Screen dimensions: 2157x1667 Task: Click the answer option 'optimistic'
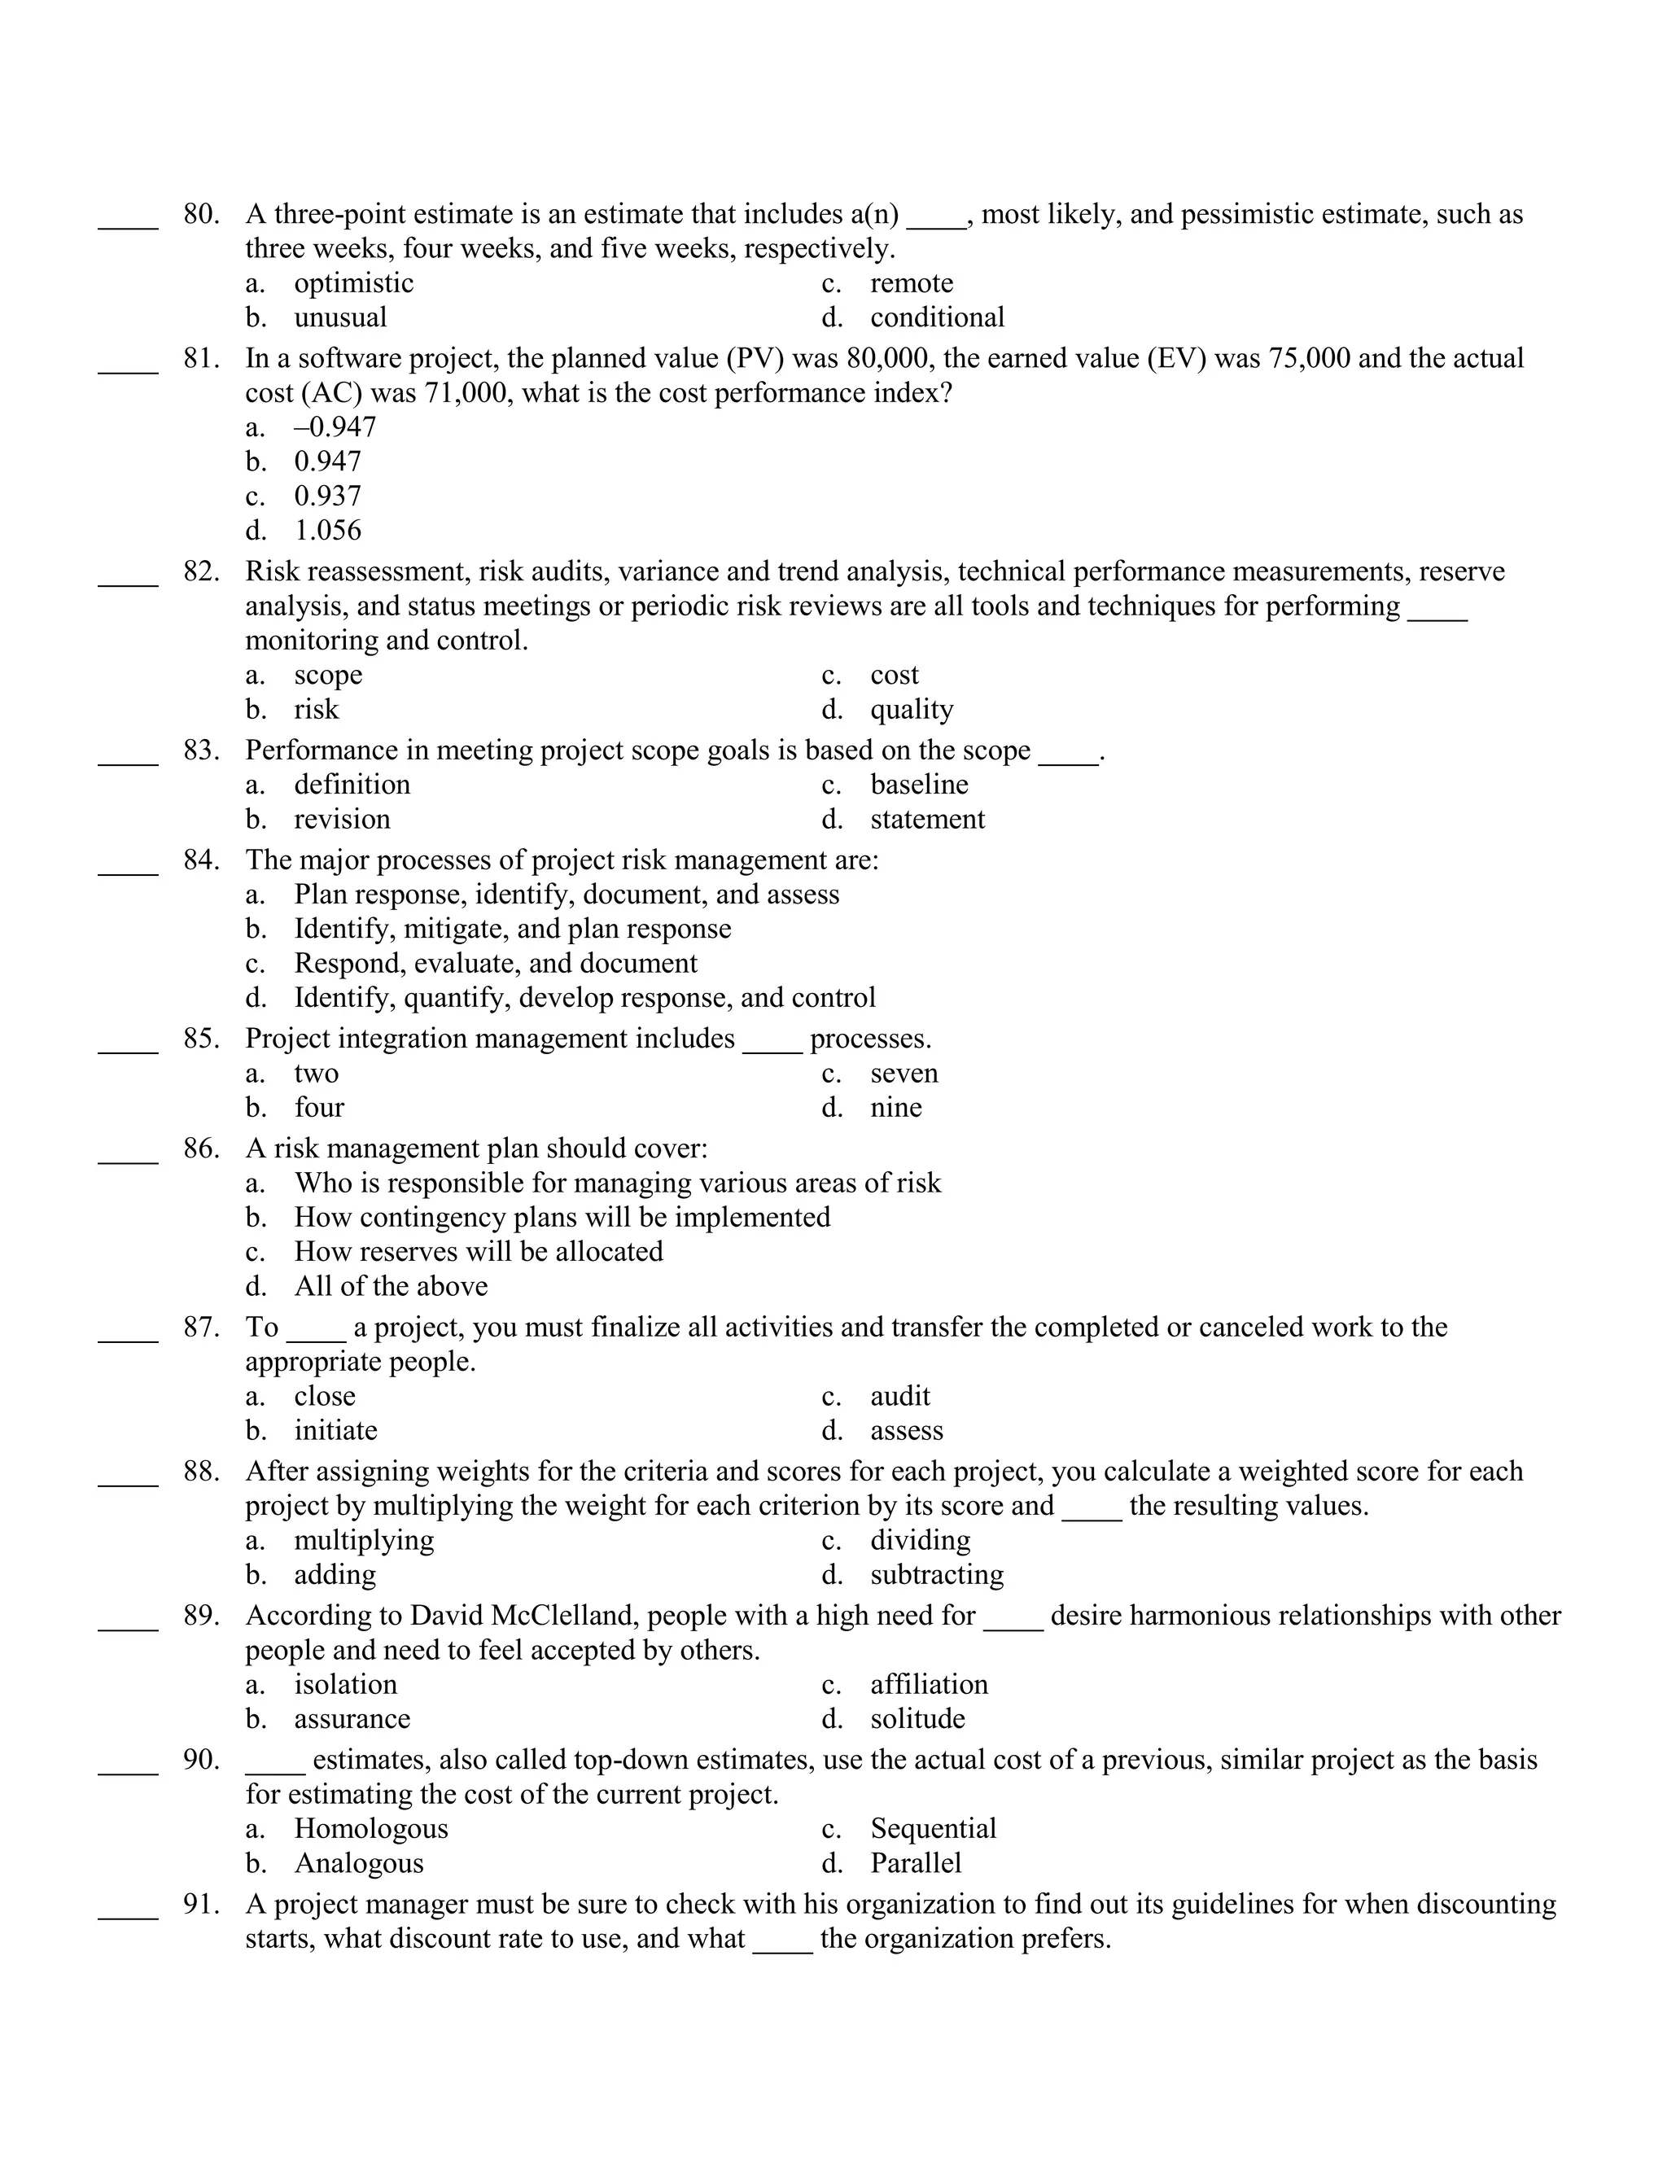click(353, 283)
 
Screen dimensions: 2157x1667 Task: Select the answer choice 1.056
click(328, 531)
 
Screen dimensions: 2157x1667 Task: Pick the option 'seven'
click(904, 1073)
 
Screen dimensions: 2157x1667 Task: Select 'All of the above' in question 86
click(390, 1286)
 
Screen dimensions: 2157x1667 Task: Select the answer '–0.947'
click(335, 427)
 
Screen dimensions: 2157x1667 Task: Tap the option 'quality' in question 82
click(912, 709)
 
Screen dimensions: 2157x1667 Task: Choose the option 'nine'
click(895, 1107)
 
